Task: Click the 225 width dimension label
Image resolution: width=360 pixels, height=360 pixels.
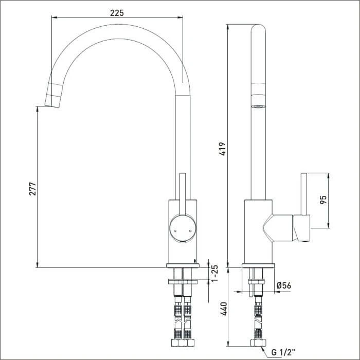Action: point(117,13)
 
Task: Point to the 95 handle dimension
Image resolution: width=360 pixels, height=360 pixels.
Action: point(323,200)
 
